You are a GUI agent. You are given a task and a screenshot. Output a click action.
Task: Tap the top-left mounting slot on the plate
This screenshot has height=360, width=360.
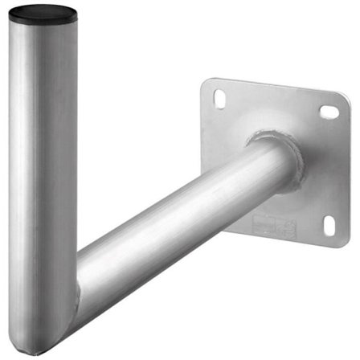219,98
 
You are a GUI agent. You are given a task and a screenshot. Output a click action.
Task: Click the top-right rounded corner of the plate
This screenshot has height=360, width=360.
345,98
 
